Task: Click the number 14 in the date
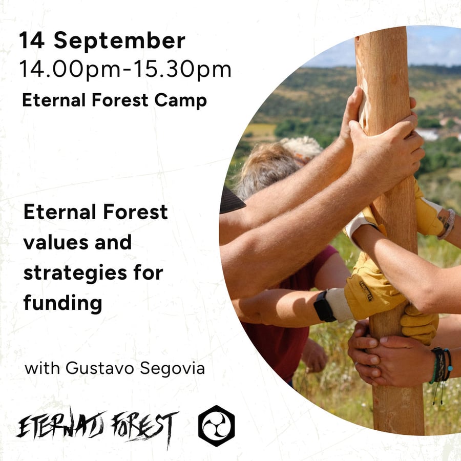[x=32, y=40]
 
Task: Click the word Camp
[x=180, y=101]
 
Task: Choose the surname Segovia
[x=172, y=369]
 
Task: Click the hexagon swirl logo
[x=217, y=426]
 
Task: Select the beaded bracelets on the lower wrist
[x=442, y=367]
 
